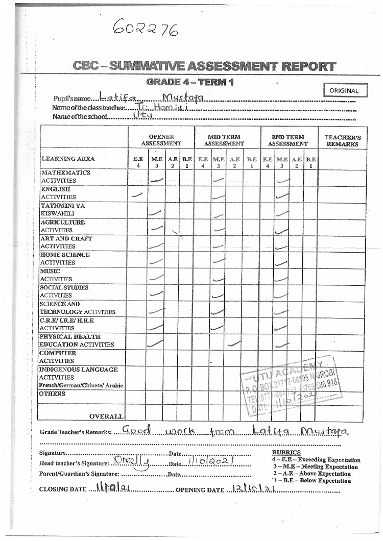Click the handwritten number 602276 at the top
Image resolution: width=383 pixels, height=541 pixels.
[x=145, y=30]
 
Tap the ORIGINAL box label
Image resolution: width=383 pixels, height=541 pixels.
[x=344, y=90]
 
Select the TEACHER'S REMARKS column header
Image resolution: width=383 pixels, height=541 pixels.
[x=342, y=140]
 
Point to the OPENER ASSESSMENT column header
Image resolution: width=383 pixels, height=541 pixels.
[x=161, y=140]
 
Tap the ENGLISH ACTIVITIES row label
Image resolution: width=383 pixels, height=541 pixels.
[x=58, y=193]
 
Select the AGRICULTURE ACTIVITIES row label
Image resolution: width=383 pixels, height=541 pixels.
[x=63, y=226]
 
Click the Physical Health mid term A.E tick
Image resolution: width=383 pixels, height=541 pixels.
[x=234, y=343]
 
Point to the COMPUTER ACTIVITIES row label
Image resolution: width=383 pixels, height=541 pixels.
[x=58, y=357]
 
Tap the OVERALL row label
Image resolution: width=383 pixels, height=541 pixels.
[x=106, y=416]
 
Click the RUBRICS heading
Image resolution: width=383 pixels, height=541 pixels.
[x=286, y=452]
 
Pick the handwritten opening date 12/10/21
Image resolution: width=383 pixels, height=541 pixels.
[x=254, y=488]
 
